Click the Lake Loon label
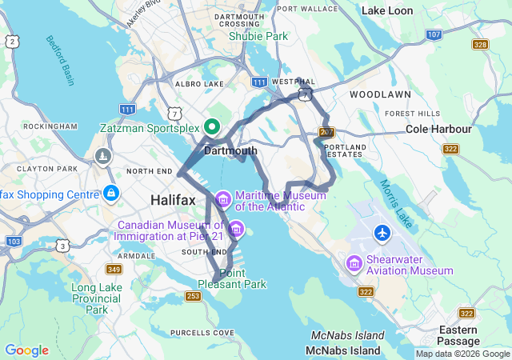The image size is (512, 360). [387, 10]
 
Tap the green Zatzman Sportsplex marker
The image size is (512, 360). [212, 126]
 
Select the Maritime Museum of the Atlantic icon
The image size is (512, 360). [222, 198]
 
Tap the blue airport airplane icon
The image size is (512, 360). [383, 234]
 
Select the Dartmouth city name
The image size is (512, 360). [230, 150]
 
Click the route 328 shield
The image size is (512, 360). [480, 45]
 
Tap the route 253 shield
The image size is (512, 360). [193, 296]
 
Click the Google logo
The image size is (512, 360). [26, 350]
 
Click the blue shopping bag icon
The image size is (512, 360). [111, 194]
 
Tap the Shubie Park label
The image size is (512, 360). [258, 36]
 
